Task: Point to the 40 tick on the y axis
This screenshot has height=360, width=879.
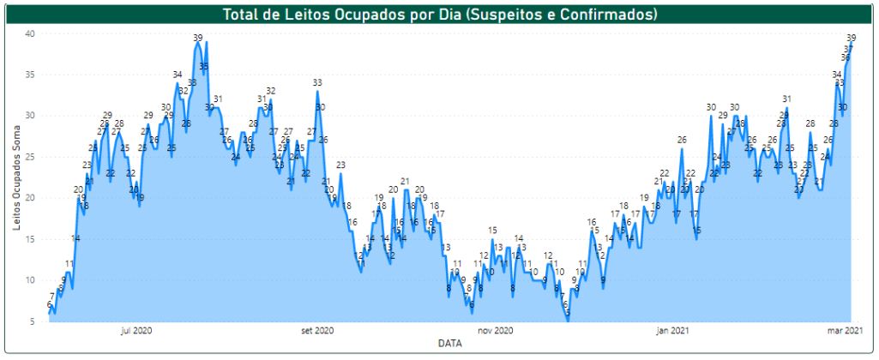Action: click(28, 33)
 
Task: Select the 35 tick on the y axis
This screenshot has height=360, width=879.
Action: click(28, 75)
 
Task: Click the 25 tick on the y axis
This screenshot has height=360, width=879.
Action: click(28, 157)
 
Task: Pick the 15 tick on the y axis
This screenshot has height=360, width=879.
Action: click(28, 239)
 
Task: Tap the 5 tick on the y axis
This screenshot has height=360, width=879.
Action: click(31, 321)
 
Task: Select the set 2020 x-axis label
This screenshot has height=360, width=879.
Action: click(317, 330)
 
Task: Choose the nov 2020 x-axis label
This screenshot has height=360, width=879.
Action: click(495, 330)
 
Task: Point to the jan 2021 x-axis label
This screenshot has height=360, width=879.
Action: click(674, 330)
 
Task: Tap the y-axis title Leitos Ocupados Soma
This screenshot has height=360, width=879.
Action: click(17, 177)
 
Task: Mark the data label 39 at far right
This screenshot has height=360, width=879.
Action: click(852, 38)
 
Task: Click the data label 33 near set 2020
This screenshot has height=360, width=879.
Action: click(317, 83)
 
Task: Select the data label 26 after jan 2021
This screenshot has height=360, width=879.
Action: click(682, 140)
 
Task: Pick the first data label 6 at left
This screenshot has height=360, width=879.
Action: click(49, 304)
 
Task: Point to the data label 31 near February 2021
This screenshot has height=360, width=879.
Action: click(786, 99)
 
